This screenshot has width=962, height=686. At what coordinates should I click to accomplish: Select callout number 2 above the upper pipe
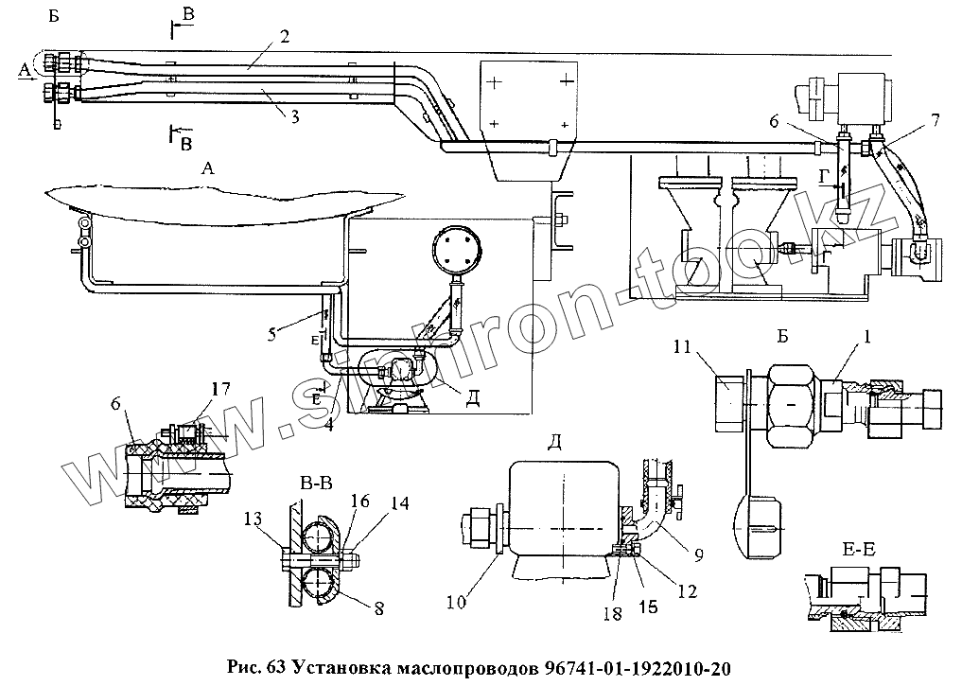coord(285,39)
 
